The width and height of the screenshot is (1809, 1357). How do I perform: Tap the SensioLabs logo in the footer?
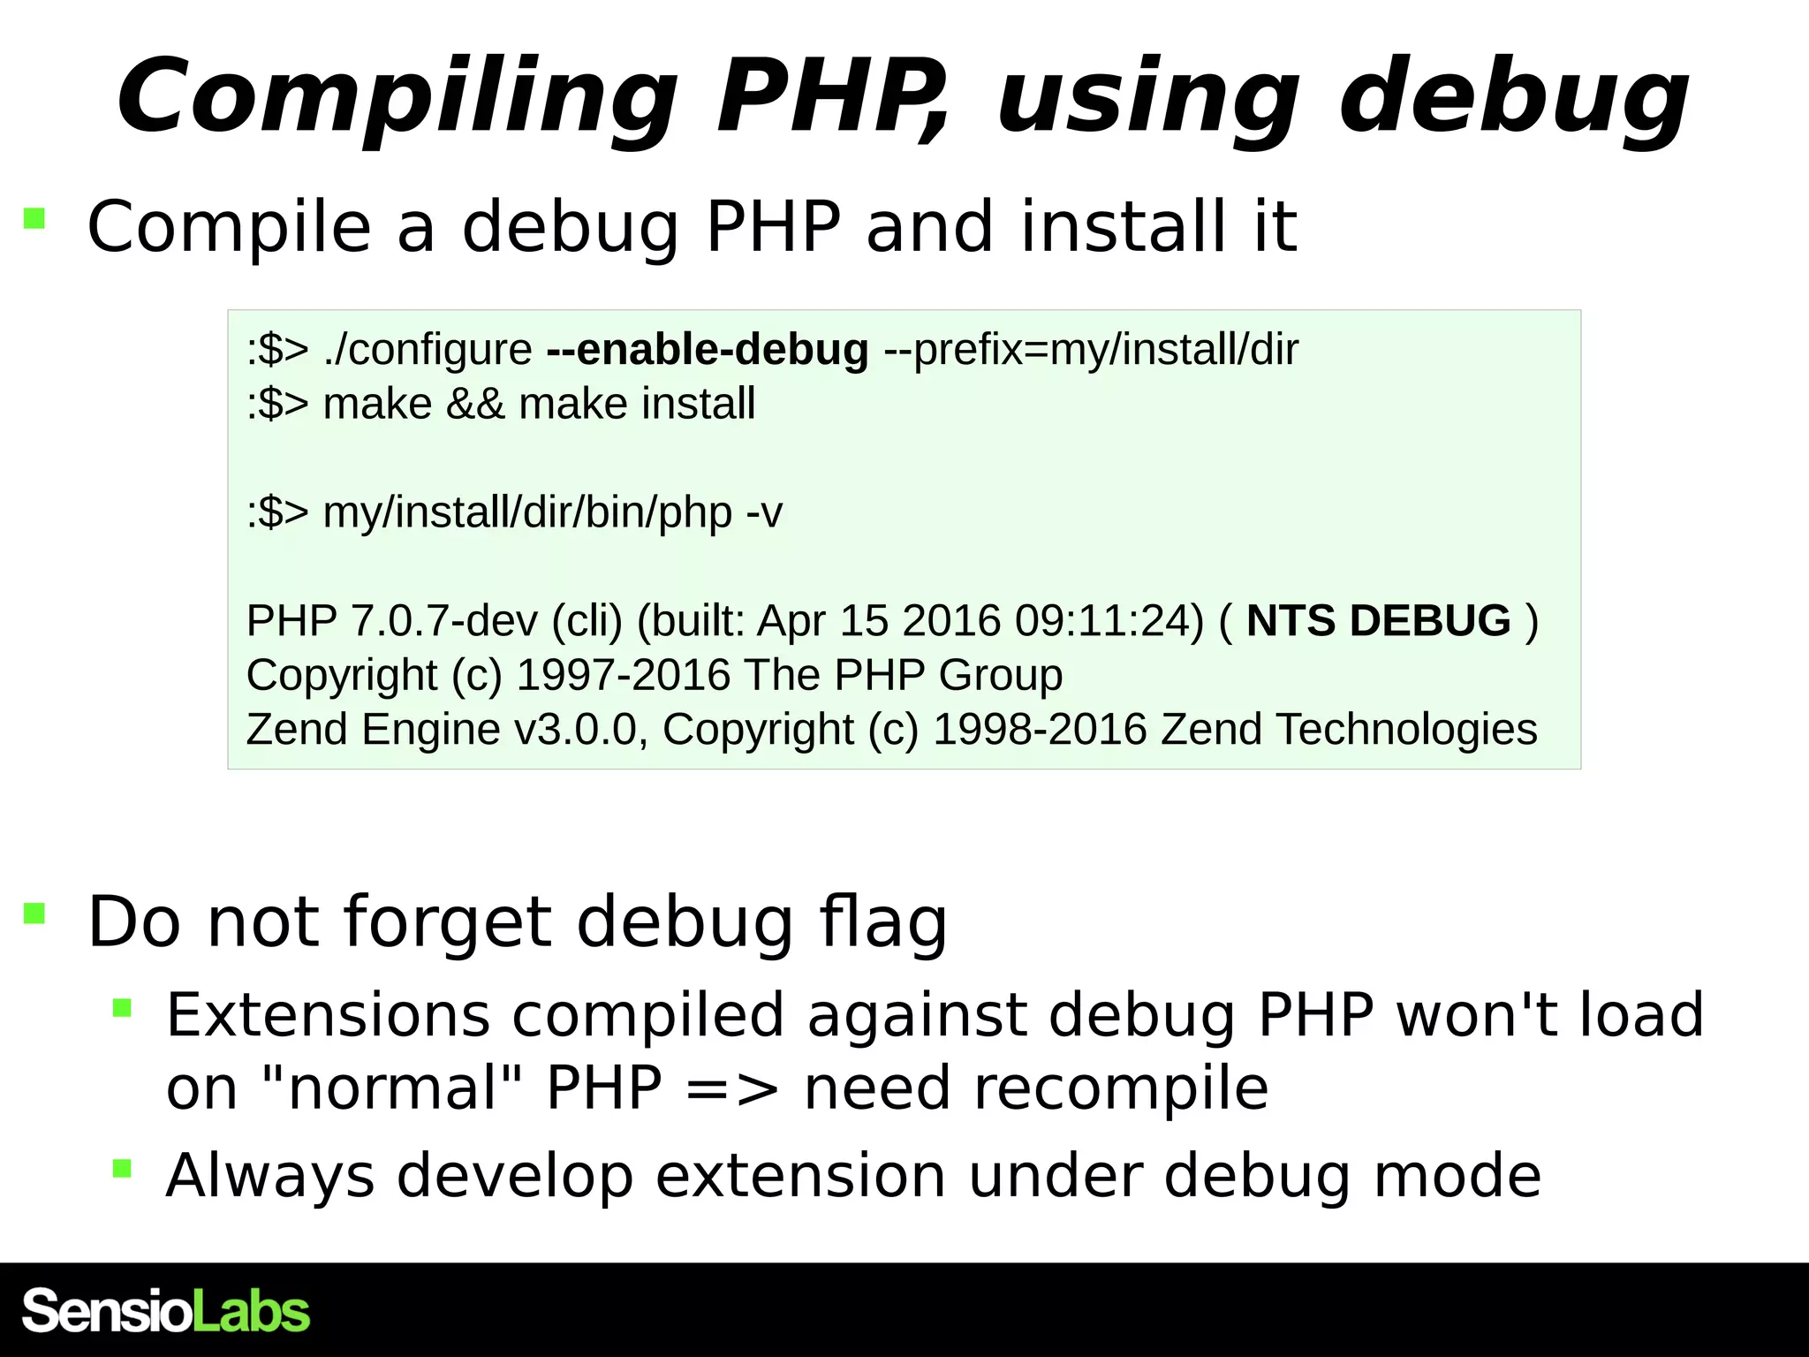pyautogui.click(x=166, y=1311)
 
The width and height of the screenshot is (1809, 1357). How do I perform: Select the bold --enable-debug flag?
pyautogui.click(x=708, y=350)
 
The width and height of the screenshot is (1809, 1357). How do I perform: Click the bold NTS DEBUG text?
pyautogui.click(x=1378, y=620)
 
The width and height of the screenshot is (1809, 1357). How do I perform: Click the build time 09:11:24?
pyautogui.click(x=1109, y=620)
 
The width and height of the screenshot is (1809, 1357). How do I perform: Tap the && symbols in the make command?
pyautogui.click(x=475, y=405)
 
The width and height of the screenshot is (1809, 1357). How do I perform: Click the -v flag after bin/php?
pyautogui.click(x=764, y=512)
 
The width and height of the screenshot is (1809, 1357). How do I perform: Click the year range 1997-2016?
pyautogui.click(x=623, y=675)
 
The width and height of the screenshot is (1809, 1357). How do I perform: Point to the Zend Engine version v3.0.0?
pyautogui.click(x=575, y=730)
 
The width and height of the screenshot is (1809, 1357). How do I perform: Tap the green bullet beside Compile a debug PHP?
pyautogui.click(x=34, y=218)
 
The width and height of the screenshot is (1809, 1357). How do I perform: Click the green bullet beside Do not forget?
pyautogui.click(x=34, y=913)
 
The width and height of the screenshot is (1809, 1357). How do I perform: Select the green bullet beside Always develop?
pyautogui.click(x=122, y=1169)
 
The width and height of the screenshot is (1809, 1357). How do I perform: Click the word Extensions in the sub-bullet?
pyautogui.click(x=327, y=1014)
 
